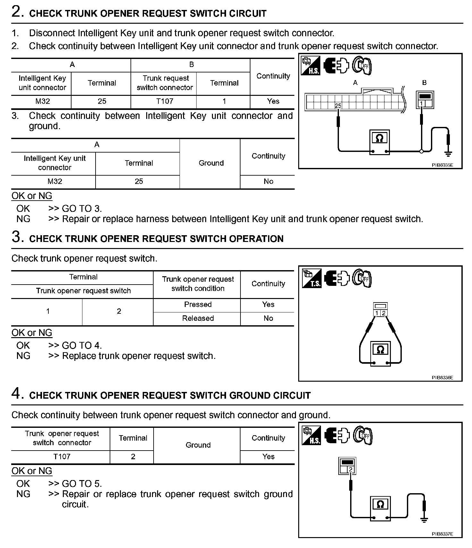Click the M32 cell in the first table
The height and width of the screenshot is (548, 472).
point(43,101)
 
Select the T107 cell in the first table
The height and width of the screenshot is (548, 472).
point(165,101)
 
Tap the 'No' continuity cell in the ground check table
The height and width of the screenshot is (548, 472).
point(268,181)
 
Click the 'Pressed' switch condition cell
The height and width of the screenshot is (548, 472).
point(198,304)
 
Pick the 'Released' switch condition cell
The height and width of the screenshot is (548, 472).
point(198,318)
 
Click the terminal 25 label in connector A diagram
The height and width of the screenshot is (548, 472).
point(338,106)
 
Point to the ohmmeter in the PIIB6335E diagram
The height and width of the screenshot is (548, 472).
point(379,142)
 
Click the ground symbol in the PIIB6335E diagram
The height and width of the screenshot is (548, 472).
point(448,154)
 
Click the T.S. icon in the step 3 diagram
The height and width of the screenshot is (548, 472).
point(311,278)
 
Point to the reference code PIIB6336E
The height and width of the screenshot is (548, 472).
point(442,378)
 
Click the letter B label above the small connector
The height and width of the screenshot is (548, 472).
point(424,83)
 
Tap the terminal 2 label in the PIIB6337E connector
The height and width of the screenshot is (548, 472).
point(351,469)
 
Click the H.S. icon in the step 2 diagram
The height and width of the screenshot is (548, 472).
point(311,66)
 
